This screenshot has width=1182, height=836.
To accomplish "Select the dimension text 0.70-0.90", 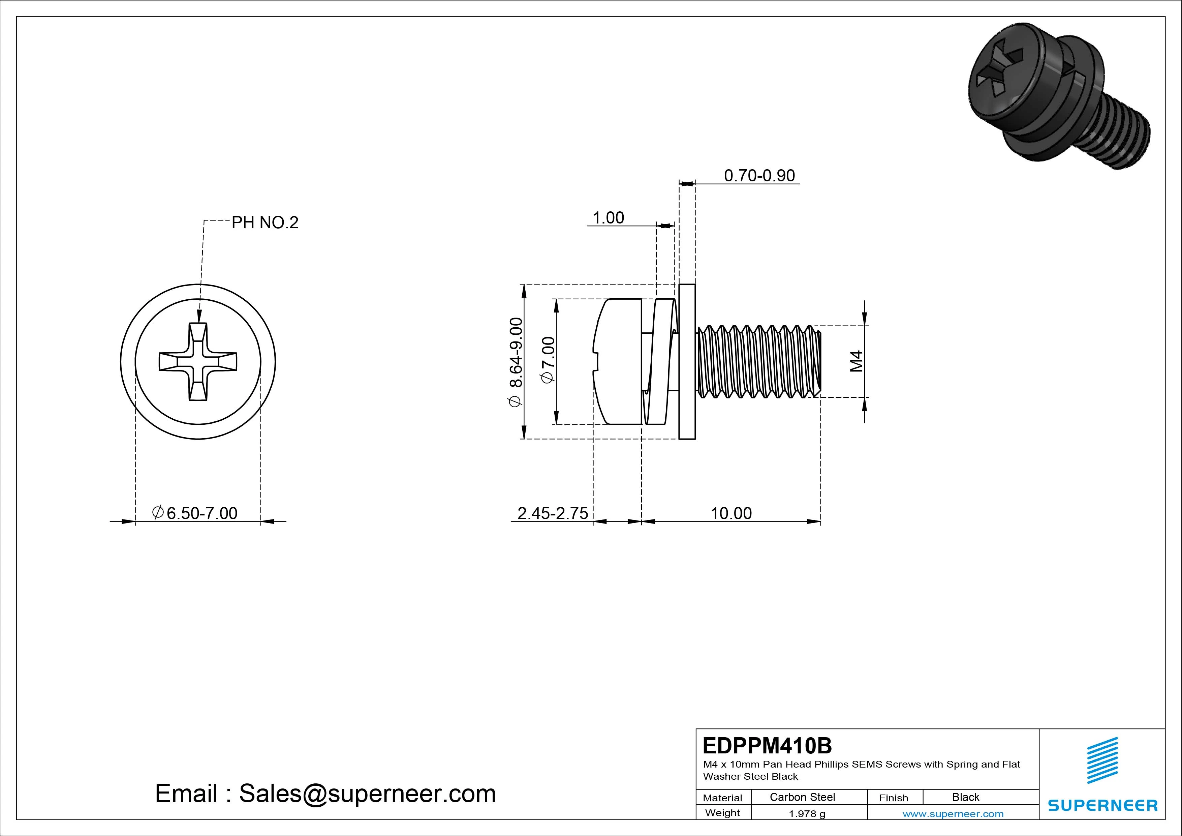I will (x=759, y=176).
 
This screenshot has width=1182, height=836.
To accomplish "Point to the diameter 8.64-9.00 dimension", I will (x=516, y=362).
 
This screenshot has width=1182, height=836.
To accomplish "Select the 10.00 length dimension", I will (x=731, y=513).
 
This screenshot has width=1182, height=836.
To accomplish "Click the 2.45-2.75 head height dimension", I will (x=552, y=513).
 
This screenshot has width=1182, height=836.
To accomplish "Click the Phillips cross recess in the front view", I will (x=198, y=362).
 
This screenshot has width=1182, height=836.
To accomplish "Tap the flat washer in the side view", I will (x=687, y=362).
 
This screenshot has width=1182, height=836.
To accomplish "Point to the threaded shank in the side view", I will (x=757, y=362).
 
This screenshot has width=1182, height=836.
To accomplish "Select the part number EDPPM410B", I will (x=767, y=745).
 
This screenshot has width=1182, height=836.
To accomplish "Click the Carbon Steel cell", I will (x=802, y=797).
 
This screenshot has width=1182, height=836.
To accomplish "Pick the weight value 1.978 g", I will (x=807, y=814).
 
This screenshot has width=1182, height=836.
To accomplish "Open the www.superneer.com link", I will (x=953, y=814).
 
